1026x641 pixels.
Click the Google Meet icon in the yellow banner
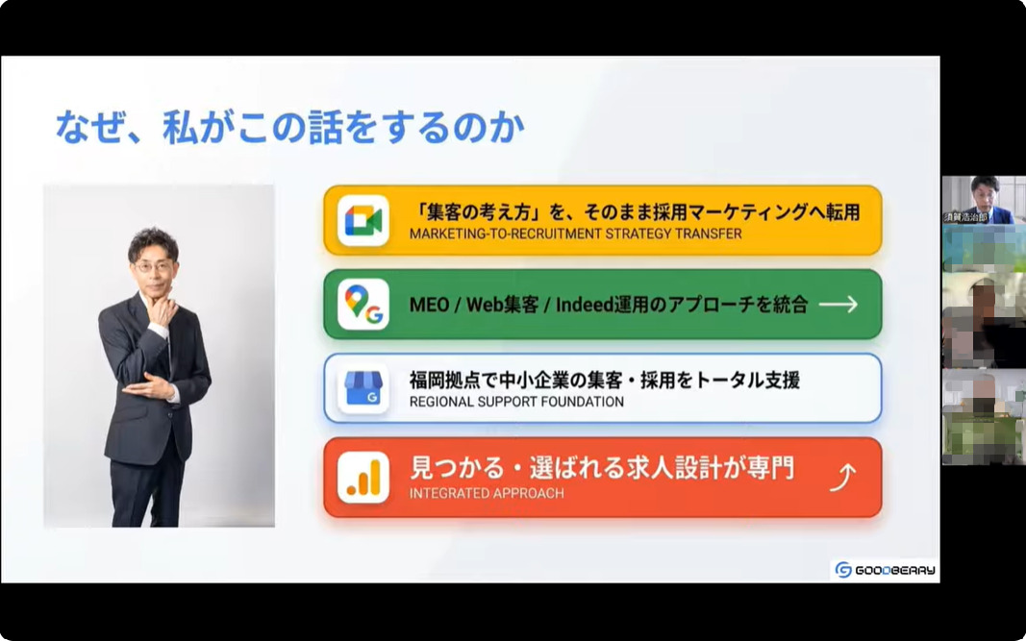click(x=363, y=220)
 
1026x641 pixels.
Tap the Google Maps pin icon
click(x=363, y=304)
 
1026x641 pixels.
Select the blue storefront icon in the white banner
click(x=363, y=388)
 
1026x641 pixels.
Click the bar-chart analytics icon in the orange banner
click(x=363, y=478)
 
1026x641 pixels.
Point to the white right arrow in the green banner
click(x=838, y=305)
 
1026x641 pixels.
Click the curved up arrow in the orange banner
click(x=842, y=476)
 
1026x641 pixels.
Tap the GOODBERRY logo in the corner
click(x=885, y=570)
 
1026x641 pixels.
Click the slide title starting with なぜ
click(x=289, y=128)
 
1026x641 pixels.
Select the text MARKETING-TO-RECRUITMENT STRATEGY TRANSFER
click(x=575, y=234)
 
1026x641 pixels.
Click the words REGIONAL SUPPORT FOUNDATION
click(x=516, y=402)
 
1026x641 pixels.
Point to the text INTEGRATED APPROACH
click(x=487, y=493)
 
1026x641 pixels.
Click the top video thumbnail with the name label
click(x=983, y=200)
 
